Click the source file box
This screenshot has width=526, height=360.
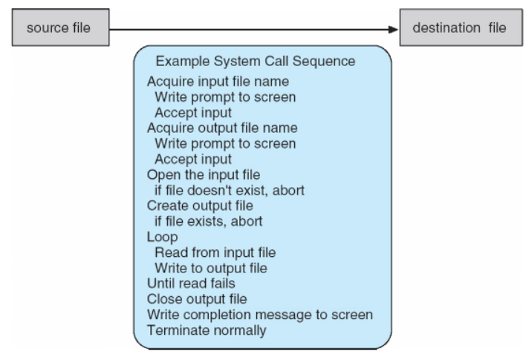pos(60,27)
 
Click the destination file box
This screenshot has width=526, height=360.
pos(461,27)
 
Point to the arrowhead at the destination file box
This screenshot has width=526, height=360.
pos(393,30)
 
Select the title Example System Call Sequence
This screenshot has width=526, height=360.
pos(256,62)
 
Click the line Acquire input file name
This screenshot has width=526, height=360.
pos(218,82)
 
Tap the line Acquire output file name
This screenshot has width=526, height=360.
pos(222,128)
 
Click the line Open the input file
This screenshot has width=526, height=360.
pos(204,175)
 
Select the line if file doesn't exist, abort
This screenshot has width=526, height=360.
pos(230,190)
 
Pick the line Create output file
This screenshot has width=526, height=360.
pos(200,206)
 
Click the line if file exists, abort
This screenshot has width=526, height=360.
pos(208,221)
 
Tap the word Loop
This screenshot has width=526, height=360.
pos(163,238)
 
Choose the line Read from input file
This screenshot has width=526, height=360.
pos(215,252)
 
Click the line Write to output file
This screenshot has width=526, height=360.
pos(211,268)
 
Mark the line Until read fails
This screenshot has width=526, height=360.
pos(191,284)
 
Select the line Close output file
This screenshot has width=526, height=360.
pos(197,299)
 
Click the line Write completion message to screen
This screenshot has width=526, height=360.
pos(260,315)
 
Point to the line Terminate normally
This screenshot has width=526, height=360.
pos(207,330)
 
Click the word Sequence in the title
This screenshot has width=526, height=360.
pos(324,62)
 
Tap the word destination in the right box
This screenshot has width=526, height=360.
pos(447,27)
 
